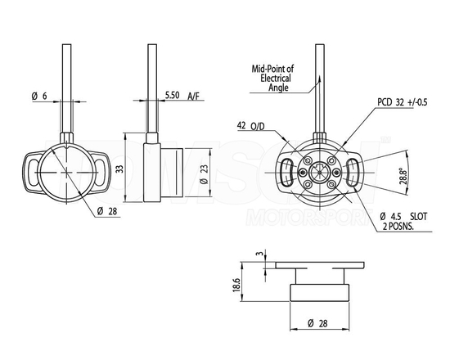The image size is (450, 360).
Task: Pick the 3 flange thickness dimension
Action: (x=259, y=254)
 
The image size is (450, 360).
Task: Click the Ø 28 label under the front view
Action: (x=106, y=212)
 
